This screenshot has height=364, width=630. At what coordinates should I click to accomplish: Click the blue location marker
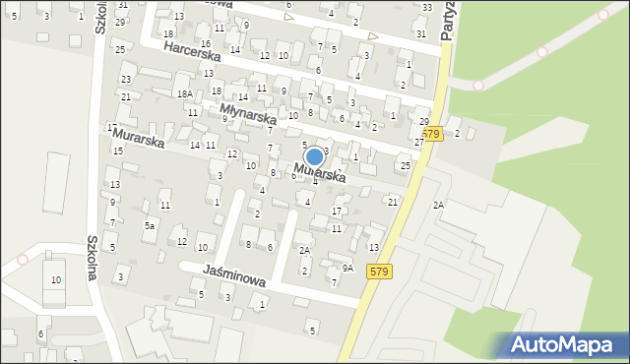point(314,156)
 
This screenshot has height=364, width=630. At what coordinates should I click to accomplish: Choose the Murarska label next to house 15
point(138,137)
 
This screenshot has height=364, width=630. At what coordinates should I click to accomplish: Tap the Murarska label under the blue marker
point(319,173)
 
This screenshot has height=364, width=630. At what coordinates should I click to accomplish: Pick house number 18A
point(184,93)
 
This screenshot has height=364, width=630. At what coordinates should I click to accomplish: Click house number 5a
point(150,225)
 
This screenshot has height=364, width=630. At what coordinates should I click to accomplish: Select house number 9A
point(347,268)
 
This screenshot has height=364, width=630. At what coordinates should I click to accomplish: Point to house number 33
point(425,8)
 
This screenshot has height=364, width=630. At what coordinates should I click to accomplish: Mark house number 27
point(419,143)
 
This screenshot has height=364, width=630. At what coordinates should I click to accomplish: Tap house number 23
point(126,79)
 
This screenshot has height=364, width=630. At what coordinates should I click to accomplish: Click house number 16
point(205,44)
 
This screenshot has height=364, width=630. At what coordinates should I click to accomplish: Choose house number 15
point(118,151)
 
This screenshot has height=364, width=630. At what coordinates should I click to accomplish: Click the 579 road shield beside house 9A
point(379,271)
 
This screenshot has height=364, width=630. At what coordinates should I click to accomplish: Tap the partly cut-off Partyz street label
point(448,20)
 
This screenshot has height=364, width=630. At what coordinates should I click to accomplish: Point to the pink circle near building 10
point(23,260)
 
